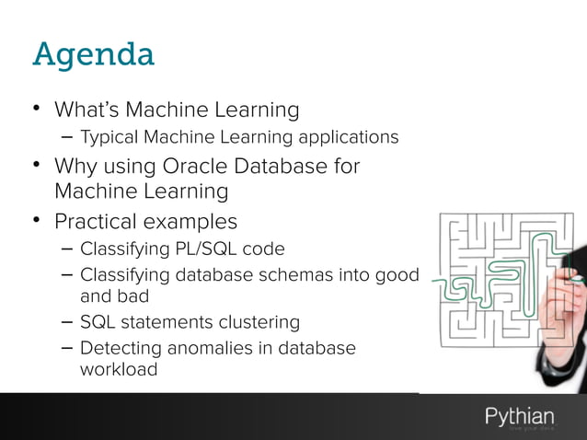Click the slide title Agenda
pos(93,55)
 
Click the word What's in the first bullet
pos(86,110)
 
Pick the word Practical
pos(101,223)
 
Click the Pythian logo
pos(520,418)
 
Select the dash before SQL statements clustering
pos(66,322)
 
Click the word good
pos(397,274)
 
